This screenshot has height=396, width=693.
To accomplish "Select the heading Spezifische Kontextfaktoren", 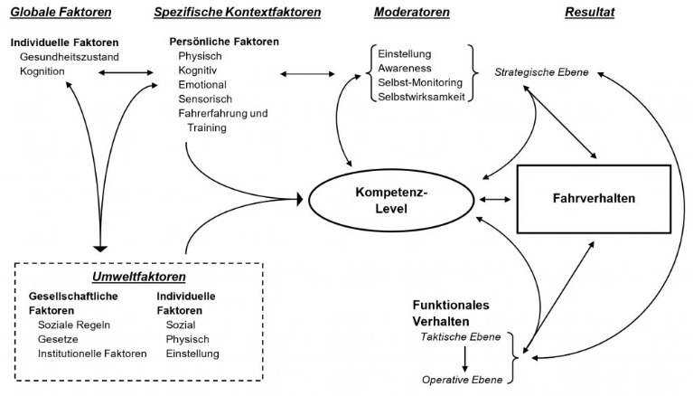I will coord(238,12).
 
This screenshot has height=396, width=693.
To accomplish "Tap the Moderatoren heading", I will coord(413,12).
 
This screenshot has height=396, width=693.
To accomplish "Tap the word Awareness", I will coord(405,67).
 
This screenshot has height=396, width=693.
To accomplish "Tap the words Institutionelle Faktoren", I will coord(92,354).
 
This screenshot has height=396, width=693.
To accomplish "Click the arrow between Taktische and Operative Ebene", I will coord(464,357).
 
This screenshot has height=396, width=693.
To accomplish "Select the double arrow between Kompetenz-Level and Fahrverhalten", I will coord(495,199).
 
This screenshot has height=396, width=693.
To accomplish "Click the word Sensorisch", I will coord(204,99).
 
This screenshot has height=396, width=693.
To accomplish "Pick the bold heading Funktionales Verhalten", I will coord(454,313).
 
